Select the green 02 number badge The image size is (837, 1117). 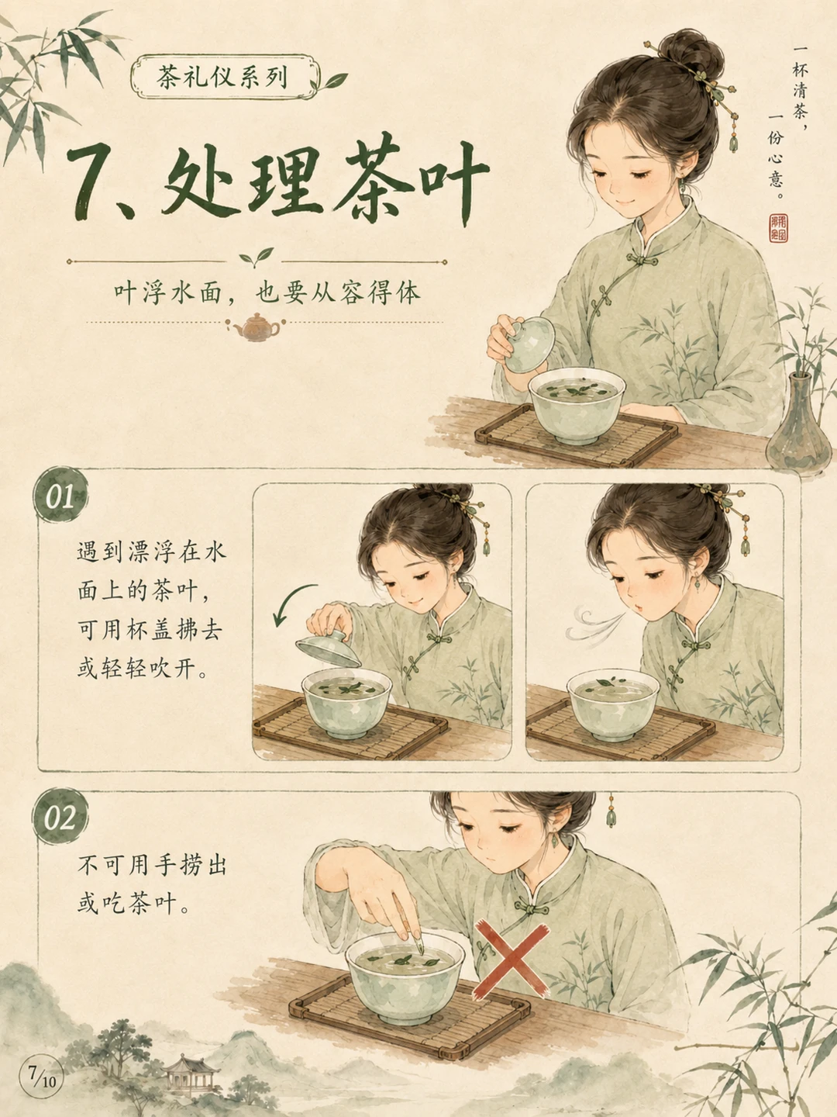[x=60, y=818]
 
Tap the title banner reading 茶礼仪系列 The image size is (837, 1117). [x=224, y=77]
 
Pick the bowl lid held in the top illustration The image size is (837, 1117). [x=529, y=344]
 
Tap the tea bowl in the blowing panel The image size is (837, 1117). [x=613, y=704]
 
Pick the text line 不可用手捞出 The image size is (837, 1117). [x=153, y=865]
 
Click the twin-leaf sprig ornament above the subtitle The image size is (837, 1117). [x=256, y=257]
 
